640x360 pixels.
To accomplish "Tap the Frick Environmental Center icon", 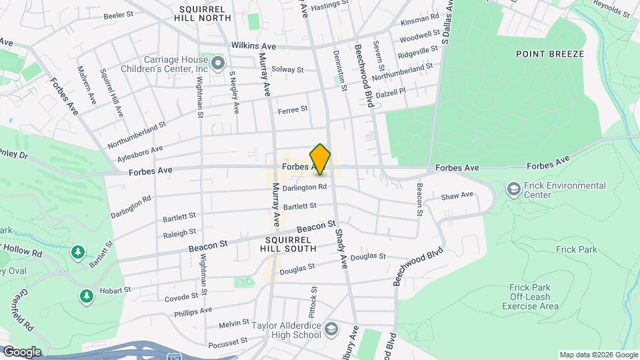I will coord(514,190).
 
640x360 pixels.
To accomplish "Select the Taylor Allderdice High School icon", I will coord(332,329).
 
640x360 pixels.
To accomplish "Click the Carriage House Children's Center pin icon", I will coord(218,64).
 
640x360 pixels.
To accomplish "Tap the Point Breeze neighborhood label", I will coord(550,54).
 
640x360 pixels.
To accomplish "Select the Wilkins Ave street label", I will coord(253,46).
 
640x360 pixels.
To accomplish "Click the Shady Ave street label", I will coord(341,247).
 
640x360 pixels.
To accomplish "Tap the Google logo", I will coord(21,352).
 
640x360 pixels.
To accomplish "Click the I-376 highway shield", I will coord(174,358).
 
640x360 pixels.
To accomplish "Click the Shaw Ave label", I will coord(457,195).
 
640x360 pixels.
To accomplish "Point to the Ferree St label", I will coord(293,109).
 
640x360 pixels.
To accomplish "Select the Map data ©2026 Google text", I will coord(598,355).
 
